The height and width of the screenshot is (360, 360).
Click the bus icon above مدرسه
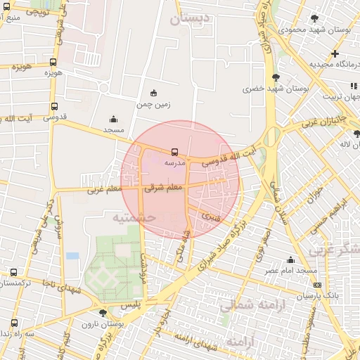click(x=174, y=151)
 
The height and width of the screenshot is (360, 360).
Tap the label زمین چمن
click(x=153, y=104)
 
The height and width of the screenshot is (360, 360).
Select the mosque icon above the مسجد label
click(x=114, y=120)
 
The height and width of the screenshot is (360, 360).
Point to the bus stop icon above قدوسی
click(x=54, y=107)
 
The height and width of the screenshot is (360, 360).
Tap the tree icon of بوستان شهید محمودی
click(x=314, y=19)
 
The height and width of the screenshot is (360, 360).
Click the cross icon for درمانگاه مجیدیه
click(x=335, y=53)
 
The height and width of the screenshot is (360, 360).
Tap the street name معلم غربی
click(x=105, y=190)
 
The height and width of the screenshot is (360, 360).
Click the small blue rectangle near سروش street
click(x=72, y=256)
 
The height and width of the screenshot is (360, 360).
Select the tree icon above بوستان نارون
click(x=103, y=313)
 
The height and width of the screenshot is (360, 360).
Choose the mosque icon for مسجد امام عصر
click(x=290, y=260)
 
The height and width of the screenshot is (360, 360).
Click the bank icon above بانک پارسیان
click(x=318, y=285)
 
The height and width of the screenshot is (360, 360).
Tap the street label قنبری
click(x=211, y=216)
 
